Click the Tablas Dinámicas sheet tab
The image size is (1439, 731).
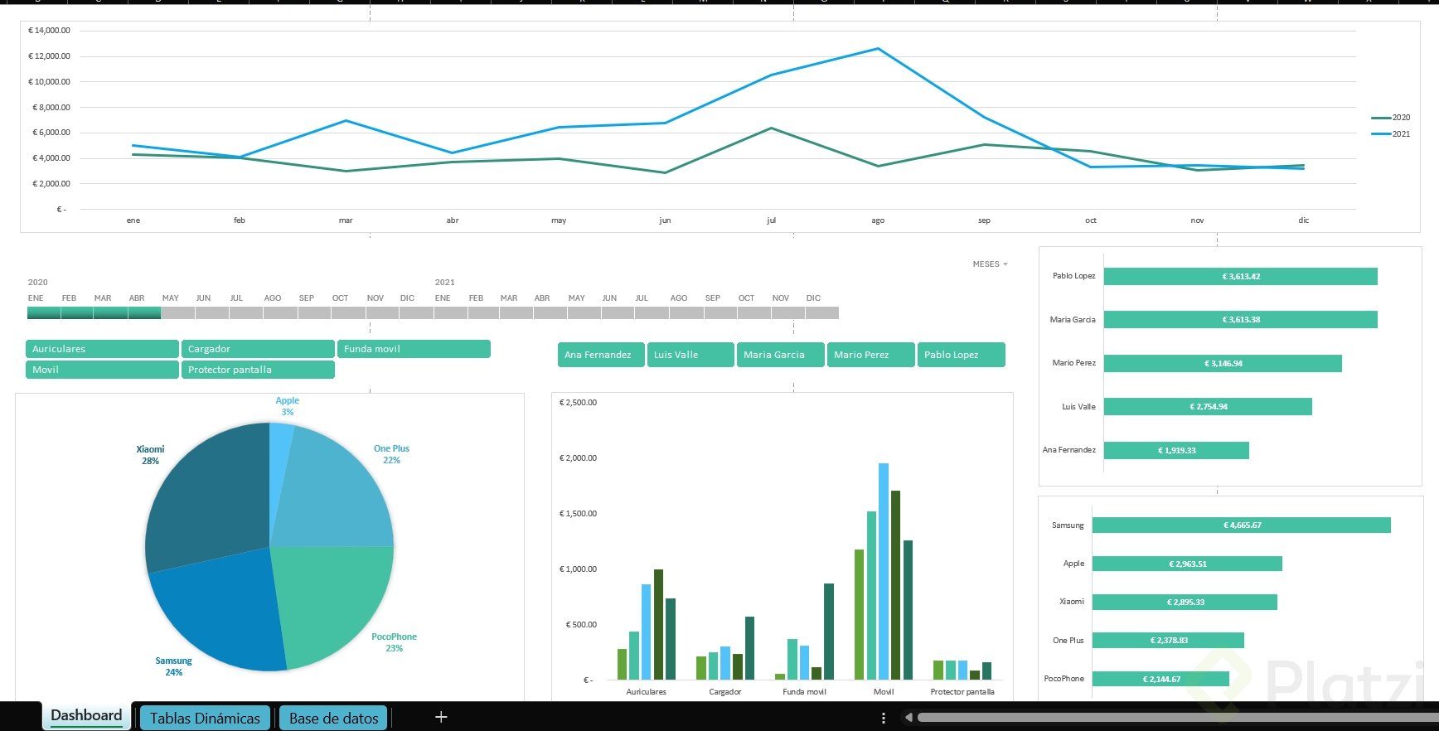click(205, 718)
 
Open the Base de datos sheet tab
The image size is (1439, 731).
click(333, 718)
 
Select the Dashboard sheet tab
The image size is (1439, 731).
click(86, 715)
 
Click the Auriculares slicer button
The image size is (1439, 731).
click(102, 349)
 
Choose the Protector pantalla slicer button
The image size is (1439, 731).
click(258, 370)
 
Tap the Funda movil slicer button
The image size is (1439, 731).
click(414, 349)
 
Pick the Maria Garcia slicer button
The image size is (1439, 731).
click(780, 355)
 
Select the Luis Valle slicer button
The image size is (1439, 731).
click(690, 355)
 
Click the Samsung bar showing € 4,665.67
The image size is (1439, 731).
click(1241, 525)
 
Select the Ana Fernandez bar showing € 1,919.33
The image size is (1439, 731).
click(1176, 450)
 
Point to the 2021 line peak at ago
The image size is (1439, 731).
click(878, 49)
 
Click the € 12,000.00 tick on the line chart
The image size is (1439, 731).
click(50, 56)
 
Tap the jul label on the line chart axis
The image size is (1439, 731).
click(772, 220)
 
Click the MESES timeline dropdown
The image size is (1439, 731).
click(990, 264)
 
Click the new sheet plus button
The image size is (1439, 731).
click(441, 717)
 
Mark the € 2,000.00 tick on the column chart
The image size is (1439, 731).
click(578, 458)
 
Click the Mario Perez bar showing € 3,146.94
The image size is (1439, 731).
click(1223, 363)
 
